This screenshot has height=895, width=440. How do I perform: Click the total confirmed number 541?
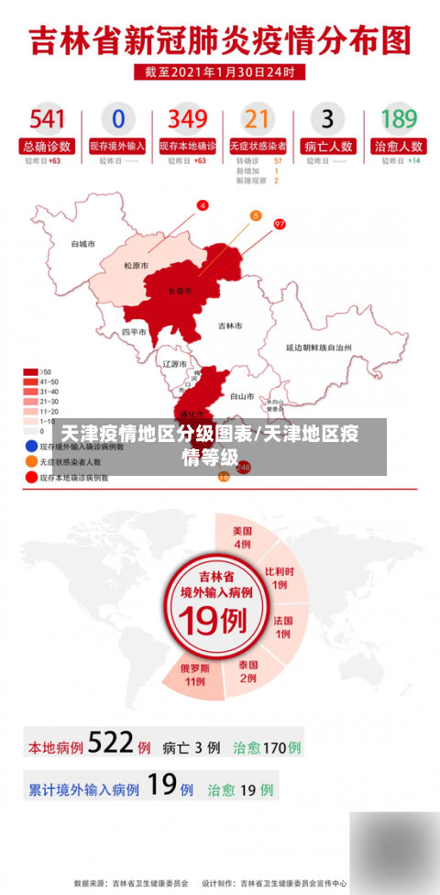click(47, 118)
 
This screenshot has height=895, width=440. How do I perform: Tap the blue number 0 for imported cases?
click(117, 118)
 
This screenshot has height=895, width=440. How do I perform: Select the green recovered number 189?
click(398, 118)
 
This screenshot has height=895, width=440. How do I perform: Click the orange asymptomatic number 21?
click(258, 118)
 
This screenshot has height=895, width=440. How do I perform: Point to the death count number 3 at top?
click(327, 118)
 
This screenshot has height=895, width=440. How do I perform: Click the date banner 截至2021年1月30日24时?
click(220, 71)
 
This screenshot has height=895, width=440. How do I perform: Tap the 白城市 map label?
click(83, 244)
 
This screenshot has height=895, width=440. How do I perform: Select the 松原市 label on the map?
click(137, 266)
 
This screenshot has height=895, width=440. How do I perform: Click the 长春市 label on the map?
click(181, 291)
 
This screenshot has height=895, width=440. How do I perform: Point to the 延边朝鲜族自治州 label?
click(319, 348)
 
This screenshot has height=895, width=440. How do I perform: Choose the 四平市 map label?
click(134, 332)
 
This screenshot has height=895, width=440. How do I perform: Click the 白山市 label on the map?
click(242, 396)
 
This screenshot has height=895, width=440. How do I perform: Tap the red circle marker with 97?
click(280, 224)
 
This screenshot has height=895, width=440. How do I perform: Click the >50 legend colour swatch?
click(29, 372)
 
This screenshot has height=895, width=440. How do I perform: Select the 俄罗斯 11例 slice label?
click(193, 674)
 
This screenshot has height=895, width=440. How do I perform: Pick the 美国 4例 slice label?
click(242, 537)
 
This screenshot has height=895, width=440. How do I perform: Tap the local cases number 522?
click(111, 745)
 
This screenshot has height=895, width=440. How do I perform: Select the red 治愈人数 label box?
click(398, 146)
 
